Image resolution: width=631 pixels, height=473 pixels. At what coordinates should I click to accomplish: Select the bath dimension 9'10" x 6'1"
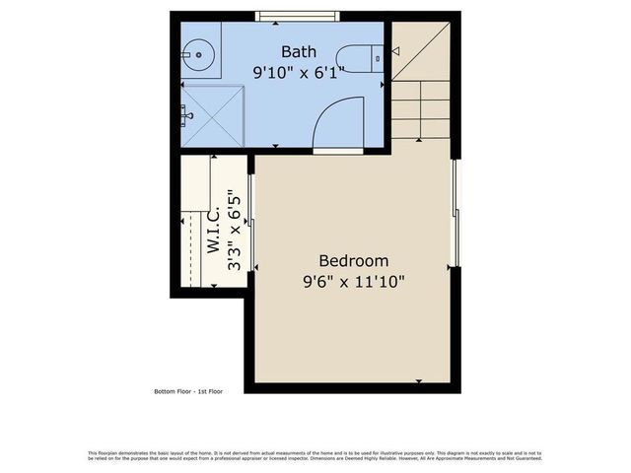(299, 72)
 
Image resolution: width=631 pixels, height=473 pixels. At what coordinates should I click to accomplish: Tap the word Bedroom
(353, 261)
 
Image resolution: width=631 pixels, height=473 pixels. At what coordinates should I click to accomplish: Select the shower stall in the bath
(212, 116)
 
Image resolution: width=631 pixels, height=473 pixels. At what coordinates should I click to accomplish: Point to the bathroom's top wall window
(298, 16)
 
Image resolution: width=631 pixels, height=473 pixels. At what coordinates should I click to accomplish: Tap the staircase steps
(421, 109)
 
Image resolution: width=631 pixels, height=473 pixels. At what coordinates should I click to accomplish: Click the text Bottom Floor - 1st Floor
(188, 391)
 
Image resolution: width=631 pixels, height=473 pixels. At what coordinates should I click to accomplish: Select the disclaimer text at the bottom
(315, 455)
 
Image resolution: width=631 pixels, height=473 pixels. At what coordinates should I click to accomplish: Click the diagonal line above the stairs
(421, 51)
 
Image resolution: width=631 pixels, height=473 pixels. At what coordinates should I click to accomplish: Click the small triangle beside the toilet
(394, 50)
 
